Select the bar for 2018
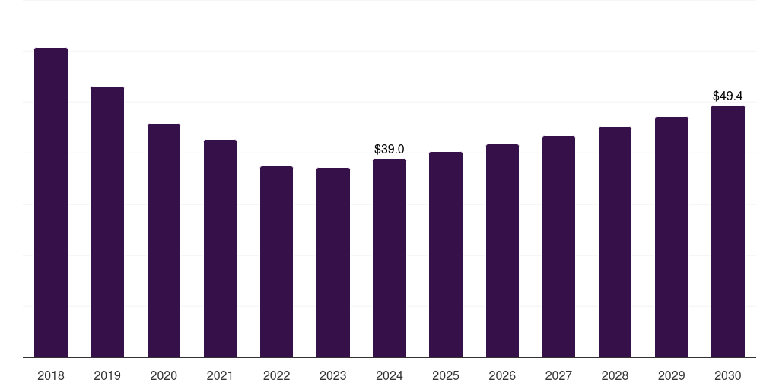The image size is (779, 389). (x=51, y=202)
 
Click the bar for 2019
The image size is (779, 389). (x=107, y=222)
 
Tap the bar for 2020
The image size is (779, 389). (x=164, y=241)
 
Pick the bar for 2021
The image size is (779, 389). (x=220, y=248)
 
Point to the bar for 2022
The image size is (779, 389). (x=277, y=262)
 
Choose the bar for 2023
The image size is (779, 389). (x=333, y=262)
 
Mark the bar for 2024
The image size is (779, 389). (x=389, y=258)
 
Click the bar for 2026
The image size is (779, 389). (x=502, y=251)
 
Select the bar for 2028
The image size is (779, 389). (x=615, y=242)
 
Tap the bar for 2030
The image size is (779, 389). (x=728, y=232)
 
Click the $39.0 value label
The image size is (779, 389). (x=389, y=150)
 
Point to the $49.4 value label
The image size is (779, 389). (x=728, y=96)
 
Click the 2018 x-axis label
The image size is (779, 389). (x=51, y=375)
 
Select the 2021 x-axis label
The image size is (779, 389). (x=220, y=375)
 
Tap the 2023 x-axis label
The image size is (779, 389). (x=333, y=375)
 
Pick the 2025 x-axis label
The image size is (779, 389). (x=446, y=375)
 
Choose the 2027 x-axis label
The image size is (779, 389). (x=558, y=375)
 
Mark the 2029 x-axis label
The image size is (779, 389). (x=671, y=375)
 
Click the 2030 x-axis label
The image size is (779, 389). (x=728, y=375)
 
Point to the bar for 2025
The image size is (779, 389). (x=446, y=255)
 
